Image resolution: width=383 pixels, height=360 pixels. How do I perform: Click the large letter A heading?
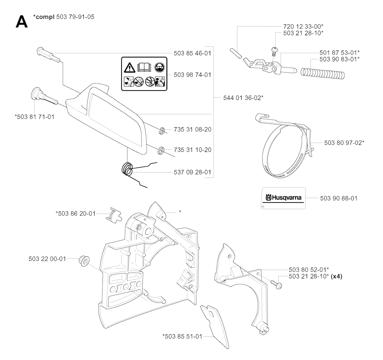pyautogui.click(x=21, y=22)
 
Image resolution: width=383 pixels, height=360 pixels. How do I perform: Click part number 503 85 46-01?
pyautogui.click(x=192, y=54)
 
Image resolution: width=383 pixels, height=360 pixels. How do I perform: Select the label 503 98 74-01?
pyautogui.click(x=192, y=75)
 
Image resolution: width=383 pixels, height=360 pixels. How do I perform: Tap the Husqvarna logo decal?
pyautogui.click(x=283, y=198)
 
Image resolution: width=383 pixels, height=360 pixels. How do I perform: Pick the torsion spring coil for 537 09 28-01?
pyautogui.click(x=128, y=169)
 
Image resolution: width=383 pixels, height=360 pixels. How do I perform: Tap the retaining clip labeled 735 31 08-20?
pyautogui.click(x=162, y=131)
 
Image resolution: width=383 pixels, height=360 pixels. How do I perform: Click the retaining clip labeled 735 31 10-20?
pyautogui.click(x=161, y=149)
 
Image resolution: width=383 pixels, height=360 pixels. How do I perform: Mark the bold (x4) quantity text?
pyautogui.click(x=336, y=277)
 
